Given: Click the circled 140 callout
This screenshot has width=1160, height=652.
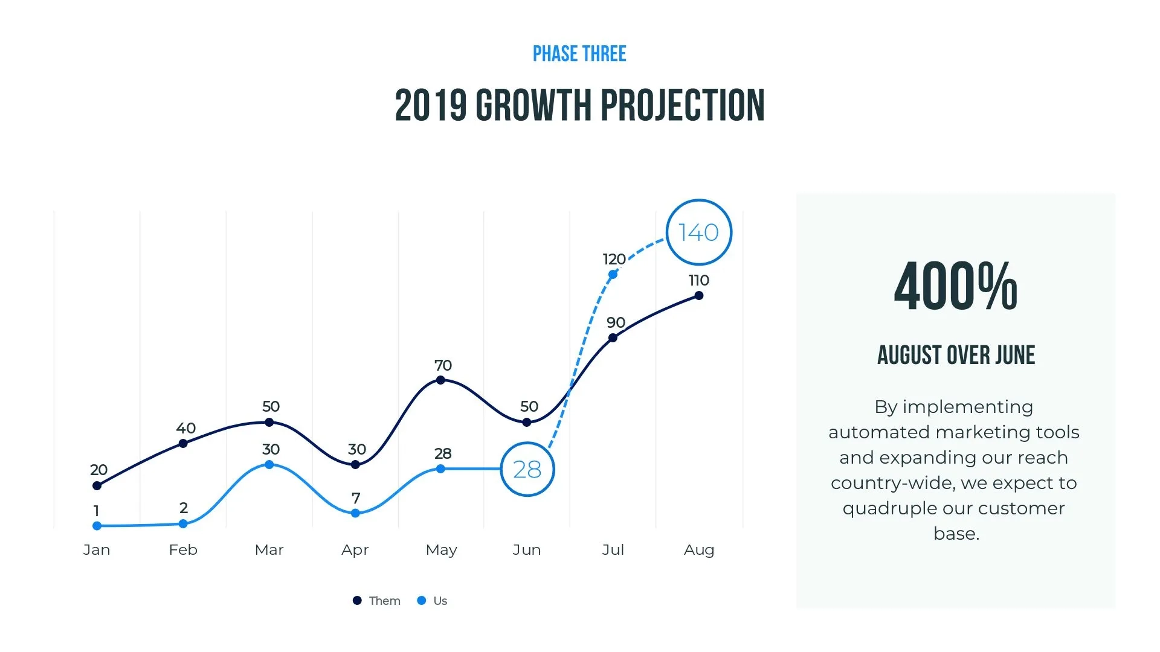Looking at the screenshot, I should pos(698,232).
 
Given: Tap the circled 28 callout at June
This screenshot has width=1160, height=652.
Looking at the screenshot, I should pos(527,469).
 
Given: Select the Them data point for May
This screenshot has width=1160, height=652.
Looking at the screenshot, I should pos(440,380).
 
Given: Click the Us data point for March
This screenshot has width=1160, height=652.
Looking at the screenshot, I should pos(269,464).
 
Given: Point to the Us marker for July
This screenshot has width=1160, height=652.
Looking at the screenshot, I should pos(613,275).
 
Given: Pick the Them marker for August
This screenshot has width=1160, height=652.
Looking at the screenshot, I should pos(698,296).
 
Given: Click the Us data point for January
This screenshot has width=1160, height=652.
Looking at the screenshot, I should pos(97,526).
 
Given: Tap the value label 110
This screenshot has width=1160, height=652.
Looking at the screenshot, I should pos(698,280).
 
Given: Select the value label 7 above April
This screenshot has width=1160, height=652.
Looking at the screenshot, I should pos(356,498).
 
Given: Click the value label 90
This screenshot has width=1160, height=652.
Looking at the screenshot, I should pos(616,322).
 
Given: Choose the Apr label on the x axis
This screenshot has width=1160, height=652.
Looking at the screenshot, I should pos(355,550).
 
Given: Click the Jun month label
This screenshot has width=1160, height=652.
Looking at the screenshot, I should pos(527,550).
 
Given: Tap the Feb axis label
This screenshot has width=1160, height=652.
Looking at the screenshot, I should pos(183,550).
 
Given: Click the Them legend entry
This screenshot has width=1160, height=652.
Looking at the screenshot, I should pos(377,601).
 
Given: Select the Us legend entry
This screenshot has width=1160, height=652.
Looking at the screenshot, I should pos(433,601).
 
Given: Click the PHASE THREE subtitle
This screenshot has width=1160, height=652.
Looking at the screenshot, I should pos(579,54).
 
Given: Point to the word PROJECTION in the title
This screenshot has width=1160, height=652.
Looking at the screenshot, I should pos(683,106).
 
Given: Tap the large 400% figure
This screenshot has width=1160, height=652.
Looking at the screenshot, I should pos(956,287).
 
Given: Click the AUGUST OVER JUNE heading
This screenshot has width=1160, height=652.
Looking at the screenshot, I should pos(956,355).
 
